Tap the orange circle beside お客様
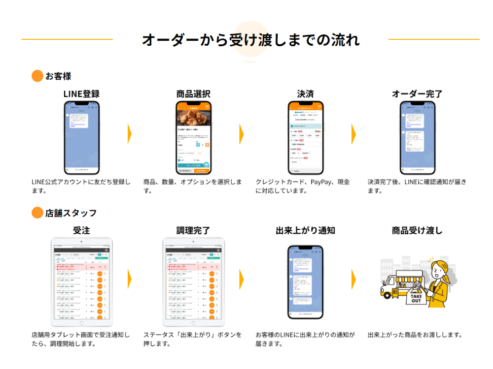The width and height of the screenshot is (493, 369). [x=37, y=76]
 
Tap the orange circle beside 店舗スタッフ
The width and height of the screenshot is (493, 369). [x=37, y=213]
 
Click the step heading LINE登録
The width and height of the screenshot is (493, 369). [x=81, y=94]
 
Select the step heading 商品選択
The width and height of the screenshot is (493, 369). [x=193, y=94]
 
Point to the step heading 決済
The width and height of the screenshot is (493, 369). [x=305, y=94]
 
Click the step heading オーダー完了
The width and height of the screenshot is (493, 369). [x=417, y=94]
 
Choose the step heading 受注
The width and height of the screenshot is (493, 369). [x=81, y=230]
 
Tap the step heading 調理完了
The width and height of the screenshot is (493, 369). [x=193, y=230]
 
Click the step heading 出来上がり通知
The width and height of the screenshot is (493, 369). [x=305, y=230]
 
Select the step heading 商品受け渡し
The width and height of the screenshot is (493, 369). [x=417, y=230]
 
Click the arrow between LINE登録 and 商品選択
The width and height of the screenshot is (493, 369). [x=130, y=134]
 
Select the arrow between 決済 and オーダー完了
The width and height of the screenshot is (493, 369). [x=354, y=134]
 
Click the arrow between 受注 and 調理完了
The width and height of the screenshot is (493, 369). [x=130, y=279]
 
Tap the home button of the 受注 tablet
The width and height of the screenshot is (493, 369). [x=81, y=323]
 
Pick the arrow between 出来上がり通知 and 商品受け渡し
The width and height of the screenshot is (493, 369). [x=354, y=279]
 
